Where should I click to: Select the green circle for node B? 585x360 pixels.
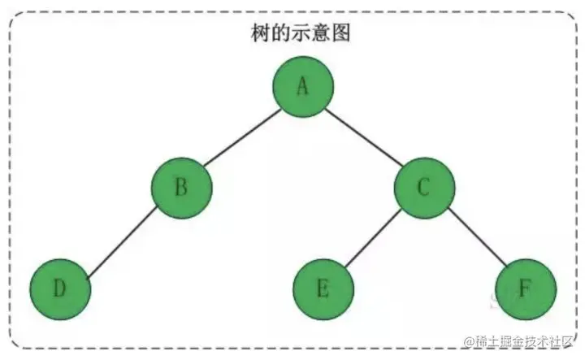click(181, 188)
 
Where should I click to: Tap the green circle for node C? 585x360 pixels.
click(424, 188)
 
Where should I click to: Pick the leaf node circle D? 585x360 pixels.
click(59, 289)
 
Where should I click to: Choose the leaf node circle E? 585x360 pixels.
click(323, 289)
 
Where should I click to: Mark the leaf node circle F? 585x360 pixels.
click(526, 289)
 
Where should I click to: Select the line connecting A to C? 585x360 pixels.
click(363, 137)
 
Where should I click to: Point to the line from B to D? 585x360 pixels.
click(120, 239)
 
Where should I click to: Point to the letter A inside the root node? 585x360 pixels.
click(302, 86)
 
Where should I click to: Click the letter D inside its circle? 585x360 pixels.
click(58, 289)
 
